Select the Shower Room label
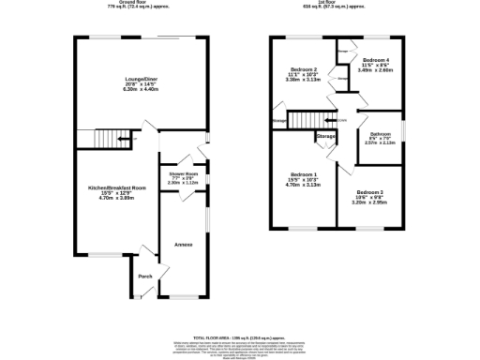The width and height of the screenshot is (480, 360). tap(183, 174)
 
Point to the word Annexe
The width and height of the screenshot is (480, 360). tap(183, 245)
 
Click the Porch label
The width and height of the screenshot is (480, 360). tap(145, 277)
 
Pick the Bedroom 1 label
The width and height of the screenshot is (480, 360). tap(305, 175)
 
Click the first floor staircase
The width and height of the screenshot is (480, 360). tap(305, 121)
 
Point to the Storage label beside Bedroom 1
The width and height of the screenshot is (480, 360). tap(325, 137)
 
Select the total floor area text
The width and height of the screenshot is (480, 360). tap(240, 336)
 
